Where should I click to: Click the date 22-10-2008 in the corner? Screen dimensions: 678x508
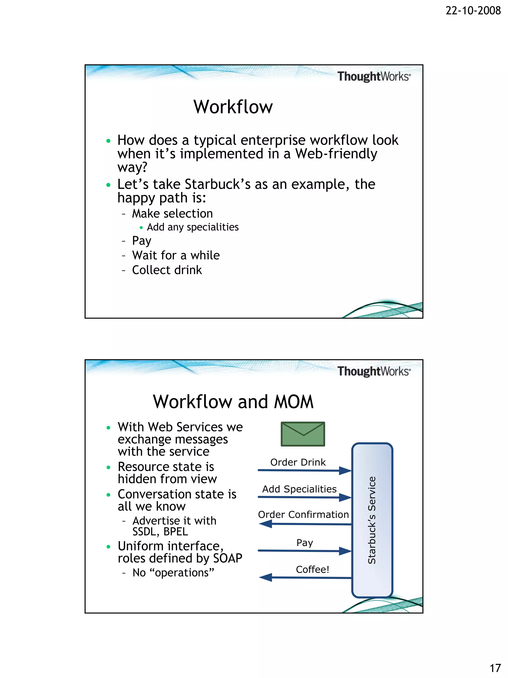[473, 11]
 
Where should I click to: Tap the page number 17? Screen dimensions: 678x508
[495, 668]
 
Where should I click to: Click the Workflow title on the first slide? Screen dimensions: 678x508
[233, 107]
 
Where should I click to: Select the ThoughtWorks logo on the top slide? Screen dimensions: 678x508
[374, 76]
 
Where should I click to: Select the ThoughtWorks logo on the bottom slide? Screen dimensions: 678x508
[374, 371]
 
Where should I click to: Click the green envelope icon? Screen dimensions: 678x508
[303, 434]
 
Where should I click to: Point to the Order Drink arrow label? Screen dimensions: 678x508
[298, 462]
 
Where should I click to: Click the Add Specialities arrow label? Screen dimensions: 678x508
[299, 489]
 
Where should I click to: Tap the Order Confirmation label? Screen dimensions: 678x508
[303, 514]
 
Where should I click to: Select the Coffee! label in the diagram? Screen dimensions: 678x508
[312, 570]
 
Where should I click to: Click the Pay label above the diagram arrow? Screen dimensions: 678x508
[304, 542]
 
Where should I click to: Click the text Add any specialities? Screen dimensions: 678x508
[192, 227]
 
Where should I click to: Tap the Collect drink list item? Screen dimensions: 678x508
[167, 270]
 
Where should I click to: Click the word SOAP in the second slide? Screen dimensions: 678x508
[227, 558]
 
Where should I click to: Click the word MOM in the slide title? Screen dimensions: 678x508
[293, 402]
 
